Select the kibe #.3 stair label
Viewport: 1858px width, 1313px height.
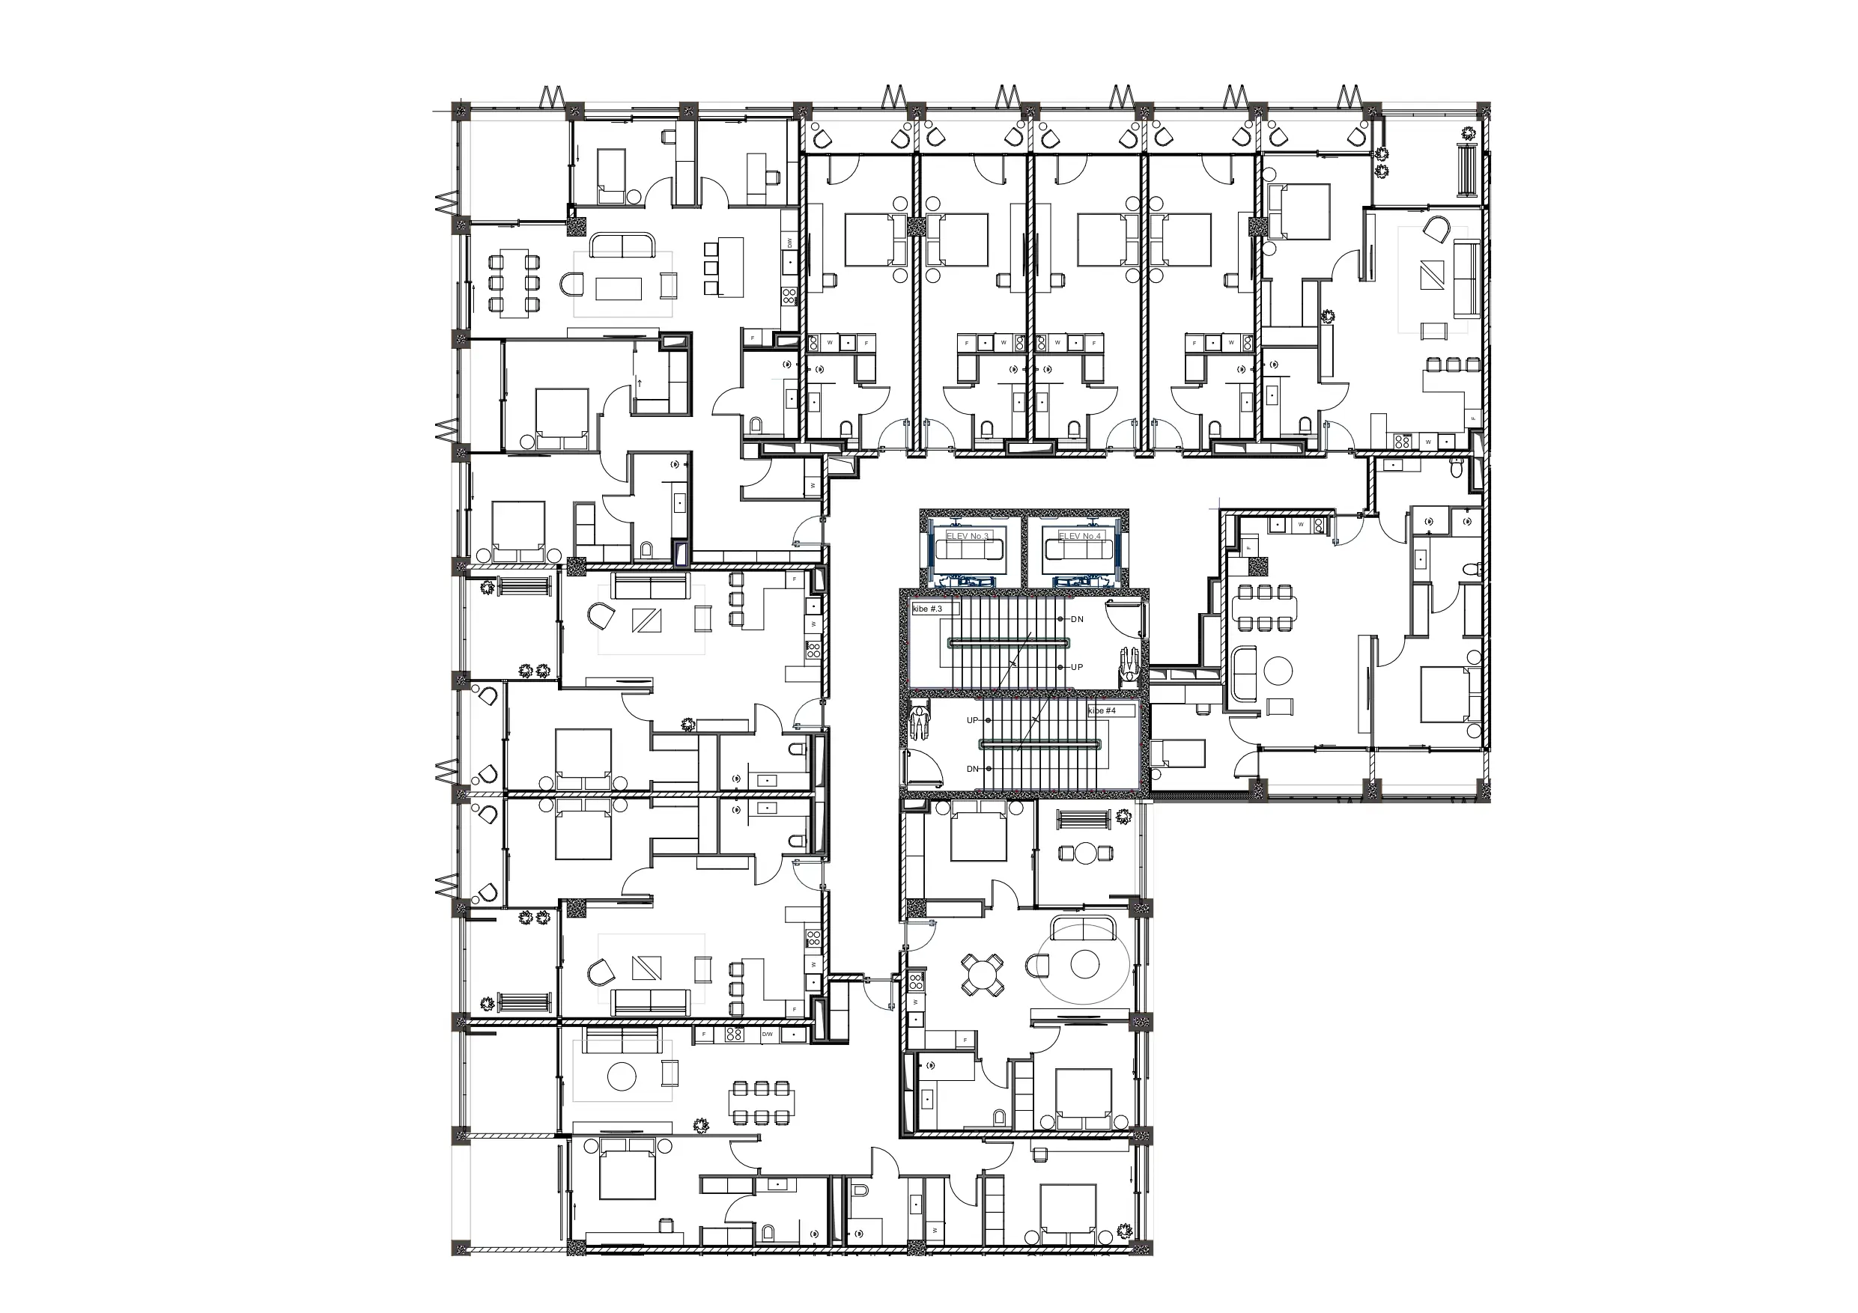click(x=927, y=609)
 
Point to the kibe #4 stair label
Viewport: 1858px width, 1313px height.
click(x=1102, y=710)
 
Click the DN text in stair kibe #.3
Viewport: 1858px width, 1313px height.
click(x=1077, y=619)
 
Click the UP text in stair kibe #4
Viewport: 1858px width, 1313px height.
click(x=972, y=720)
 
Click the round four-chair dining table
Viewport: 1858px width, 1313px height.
click(x=982, y=974)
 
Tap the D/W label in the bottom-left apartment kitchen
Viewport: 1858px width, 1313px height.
click(x=767, y=1034)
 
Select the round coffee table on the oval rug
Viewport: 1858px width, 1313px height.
click(x=1084, y=964)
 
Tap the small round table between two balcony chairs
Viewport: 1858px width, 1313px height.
click(x=1086, y=853)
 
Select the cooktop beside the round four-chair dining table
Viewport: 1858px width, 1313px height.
click(x=916, y=982)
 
